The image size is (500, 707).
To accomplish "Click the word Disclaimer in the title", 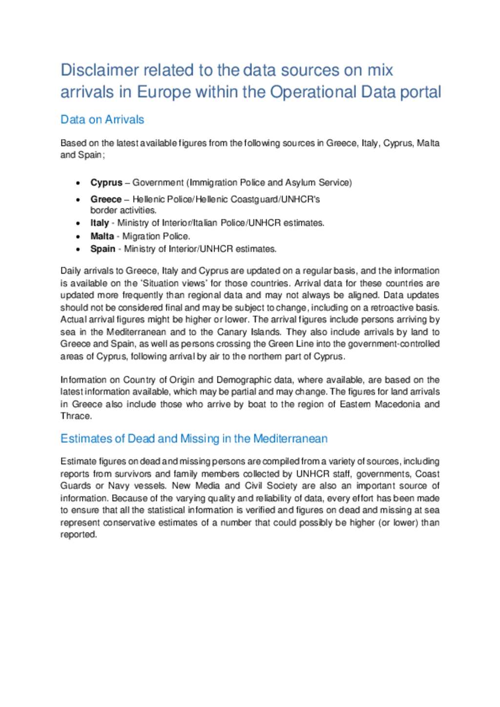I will tap(100, 70).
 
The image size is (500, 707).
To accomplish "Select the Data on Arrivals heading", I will tap(102, 120).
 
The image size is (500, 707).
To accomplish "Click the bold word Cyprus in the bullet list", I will tap(106, 183).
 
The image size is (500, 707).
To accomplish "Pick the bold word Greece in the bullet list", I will tap(105, 199).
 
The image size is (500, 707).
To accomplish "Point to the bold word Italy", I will tap(99, 223).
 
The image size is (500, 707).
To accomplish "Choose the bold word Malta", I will tap(102, 236).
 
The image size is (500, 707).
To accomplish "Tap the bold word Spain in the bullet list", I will tap(103, 249).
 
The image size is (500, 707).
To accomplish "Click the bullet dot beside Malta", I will tap(78, 236).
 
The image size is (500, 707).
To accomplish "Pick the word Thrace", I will tap(76, 416).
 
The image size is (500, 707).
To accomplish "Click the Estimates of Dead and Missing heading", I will tap(194, 439).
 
